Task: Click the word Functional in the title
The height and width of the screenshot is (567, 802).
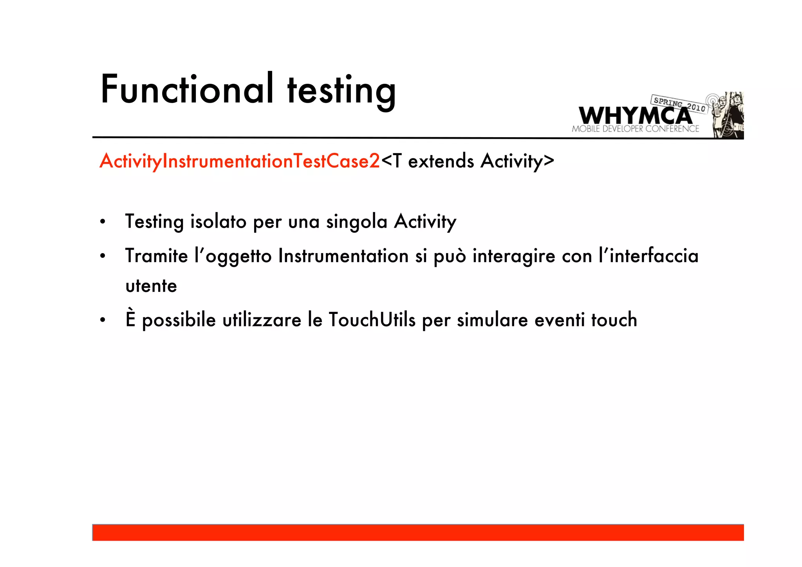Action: [187, 89]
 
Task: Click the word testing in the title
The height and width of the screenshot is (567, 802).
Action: [341, 91]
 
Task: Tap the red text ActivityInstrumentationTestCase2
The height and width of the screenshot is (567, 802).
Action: [240, 161]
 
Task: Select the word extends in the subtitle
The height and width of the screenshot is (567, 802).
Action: [441, 161]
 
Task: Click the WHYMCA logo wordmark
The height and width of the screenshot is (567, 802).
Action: [635, 116]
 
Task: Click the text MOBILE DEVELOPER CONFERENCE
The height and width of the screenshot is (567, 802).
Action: [635, 129]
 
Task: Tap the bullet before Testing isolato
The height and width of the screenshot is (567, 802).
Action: [103, 222]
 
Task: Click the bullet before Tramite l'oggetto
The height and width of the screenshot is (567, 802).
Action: [103, 257]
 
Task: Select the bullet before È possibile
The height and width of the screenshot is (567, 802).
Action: [103, 320]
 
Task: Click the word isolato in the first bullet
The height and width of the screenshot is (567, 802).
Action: [218, 221]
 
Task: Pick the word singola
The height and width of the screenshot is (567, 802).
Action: [357, 222]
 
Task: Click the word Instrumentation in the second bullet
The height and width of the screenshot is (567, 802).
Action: [343, 256]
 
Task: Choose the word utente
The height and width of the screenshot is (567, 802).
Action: [151, 286]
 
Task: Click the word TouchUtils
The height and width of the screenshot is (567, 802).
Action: [372, 320]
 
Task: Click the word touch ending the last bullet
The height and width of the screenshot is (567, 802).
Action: [614, 320]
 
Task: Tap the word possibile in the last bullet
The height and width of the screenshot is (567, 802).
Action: [179, 321]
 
